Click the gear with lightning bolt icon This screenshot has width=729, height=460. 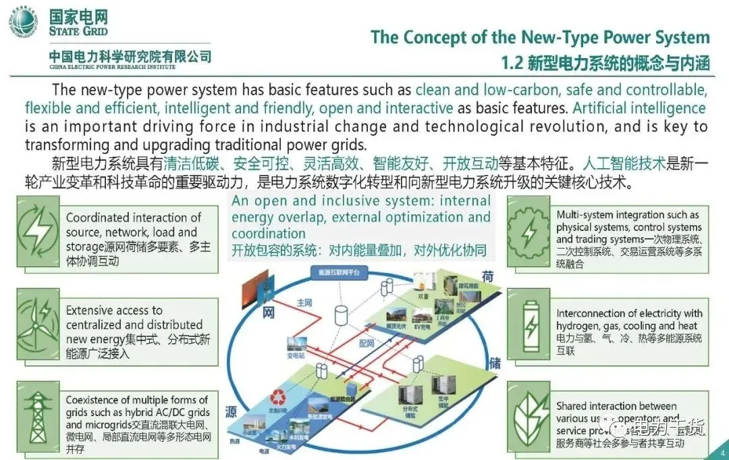(x=529, y=234)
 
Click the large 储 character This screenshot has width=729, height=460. (x=493, y=363)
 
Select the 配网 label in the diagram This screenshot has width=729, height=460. (x=367, y=344)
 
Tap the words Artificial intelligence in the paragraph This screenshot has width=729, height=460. (x=639, y=108)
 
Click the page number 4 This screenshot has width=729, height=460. (x=723, y=453)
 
